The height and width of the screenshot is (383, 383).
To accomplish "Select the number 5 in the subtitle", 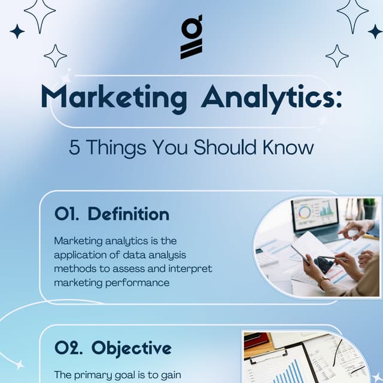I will (74, 147).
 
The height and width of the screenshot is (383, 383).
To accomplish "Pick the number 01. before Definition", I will (66, 214).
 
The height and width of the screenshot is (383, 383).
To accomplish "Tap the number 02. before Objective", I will (68, 348).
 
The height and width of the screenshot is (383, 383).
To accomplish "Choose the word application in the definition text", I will (81, 255).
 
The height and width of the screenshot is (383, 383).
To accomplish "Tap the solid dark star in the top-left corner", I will (17, 31).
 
